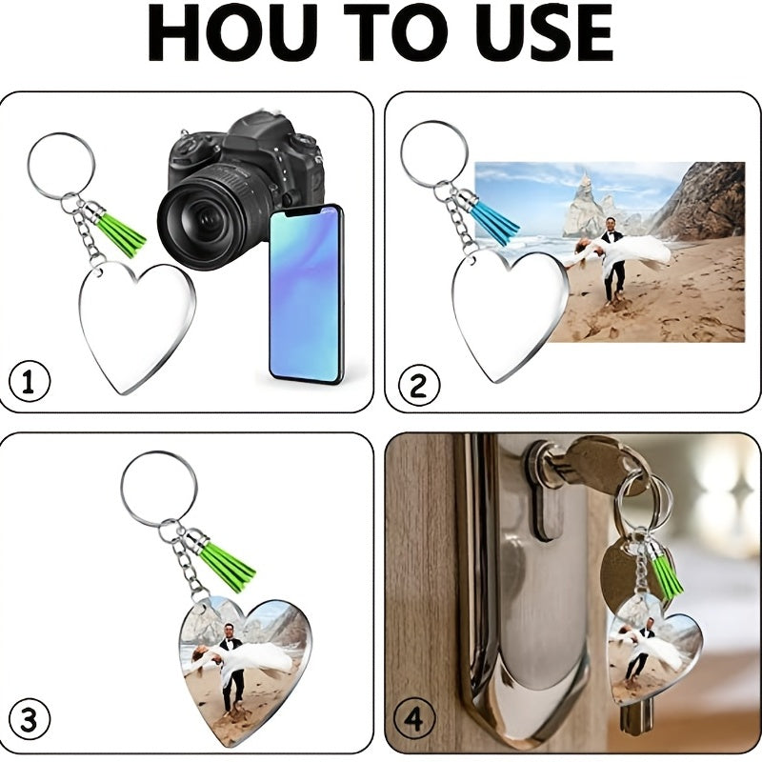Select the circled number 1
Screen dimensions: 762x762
point(30,381)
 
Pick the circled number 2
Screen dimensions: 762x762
point(419,386)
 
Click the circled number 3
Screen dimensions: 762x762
point(30,719)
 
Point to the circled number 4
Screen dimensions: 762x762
point(413,718)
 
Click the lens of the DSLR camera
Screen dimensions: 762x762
point(212,217)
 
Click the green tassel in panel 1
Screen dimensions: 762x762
point(120,234)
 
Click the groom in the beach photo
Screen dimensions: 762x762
point(612,260)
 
